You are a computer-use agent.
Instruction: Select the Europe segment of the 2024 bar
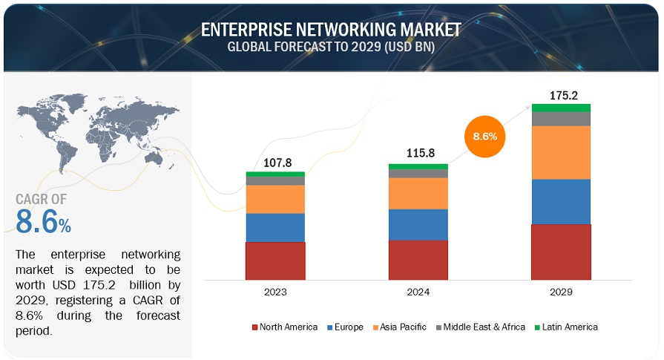click(418, 224)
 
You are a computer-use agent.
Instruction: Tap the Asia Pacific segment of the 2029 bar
click(561, 152)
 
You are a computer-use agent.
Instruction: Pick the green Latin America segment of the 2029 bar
click(561, 108)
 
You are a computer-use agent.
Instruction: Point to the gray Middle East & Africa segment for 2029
click(561, 119)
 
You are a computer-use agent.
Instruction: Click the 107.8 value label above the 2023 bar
click(278, 164)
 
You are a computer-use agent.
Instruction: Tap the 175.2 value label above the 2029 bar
click(562, 96)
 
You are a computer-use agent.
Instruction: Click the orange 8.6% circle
click(485, 137)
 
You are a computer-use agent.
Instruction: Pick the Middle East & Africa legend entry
click(483, 327)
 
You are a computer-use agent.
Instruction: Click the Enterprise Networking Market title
click(331, 30)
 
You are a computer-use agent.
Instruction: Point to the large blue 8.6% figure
click(43, 221)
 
